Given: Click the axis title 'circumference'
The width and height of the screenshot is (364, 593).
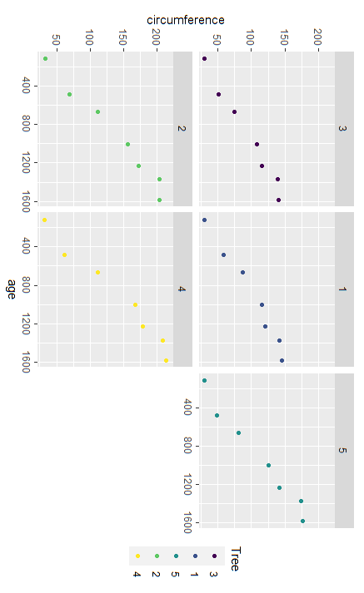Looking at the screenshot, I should pyautogui.click(x=185, y=19).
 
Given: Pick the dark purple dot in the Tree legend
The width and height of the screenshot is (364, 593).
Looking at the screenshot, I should pyautogui.click(x=214, y=555).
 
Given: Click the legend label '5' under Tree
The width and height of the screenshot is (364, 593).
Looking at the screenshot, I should pyautogui.click(x=175, y=574).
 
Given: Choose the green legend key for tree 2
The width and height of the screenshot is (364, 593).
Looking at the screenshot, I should pyautogui.click(x=157, y=555).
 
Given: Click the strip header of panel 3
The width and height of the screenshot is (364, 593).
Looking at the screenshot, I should pyautogui.click(x=343, y=129).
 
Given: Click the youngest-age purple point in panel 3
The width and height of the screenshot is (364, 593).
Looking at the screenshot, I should pyautogui.click(x=204, y=59).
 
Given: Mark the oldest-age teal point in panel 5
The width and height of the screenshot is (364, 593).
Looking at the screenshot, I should pyautogui.click(x=302, y=521).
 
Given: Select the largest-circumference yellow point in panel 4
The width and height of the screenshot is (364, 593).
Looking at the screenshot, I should pyautogui.click(x=166, y=360).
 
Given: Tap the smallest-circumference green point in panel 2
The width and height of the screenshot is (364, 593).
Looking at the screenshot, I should pyautogui.click(x=45, y=59).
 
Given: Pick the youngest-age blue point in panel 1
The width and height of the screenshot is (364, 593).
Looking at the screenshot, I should pyautogui.click(x=204, y=220).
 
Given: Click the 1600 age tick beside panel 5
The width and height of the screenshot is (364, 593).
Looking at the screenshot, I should pyautogui.click(x=189, y=521).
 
